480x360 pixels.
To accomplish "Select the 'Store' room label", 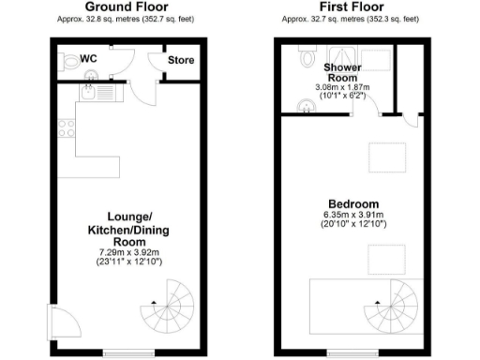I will [x=180, y=61].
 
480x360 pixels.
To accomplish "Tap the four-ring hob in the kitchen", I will [x=67, y=129].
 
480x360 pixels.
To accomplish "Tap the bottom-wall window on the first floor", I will [x=347, y=353].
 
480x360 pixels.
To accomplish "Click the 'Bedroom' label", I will [x=353, y=204].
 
